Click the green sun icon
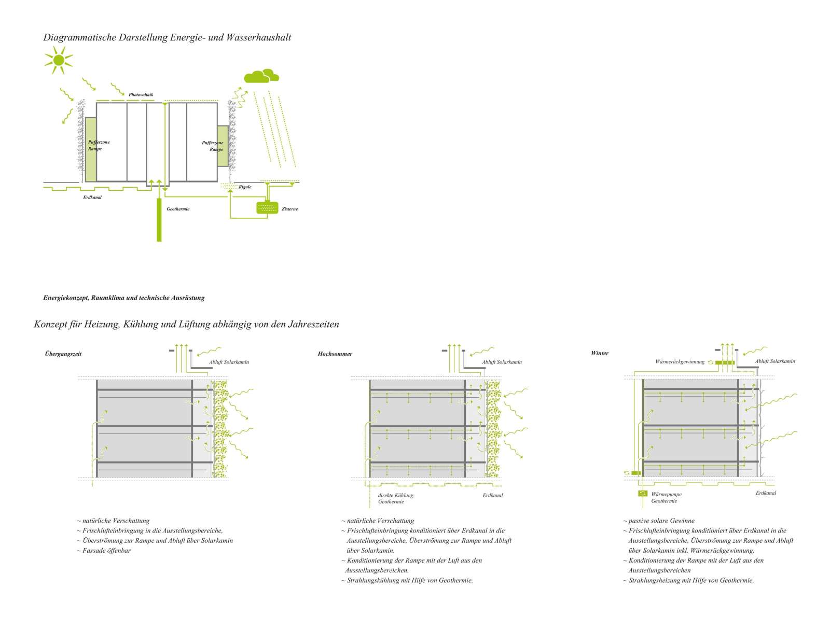click(x=58, y=60)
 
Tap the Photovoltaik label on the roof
click(x=141, y=95)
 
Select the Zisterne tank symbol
click(x=267, y=208)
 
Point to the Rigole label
click(x=245, y=187)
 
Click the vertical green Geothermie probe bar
click(x=159, y=220)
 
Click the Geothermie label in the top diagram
click(x=178, y=209)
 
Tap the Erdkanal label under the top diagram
click(x=92, y=198)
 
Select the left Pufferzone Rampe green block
click(x=91, y=149)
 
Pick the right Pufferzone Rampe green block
click(x=223, y=146)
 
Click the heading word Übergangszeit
click(x=63, y=354)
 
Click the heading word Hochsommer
click(x=335, y=354)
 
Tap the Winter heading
click(x=600, y=353)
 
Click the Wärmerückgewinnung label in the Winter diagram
click(x=680, y=362)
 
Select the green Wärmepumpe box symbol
click(x=643, y=494)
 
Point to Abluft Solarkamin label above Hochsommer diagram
click(x=502, y=362)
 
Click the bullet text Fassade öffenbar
click(x=106, y=550)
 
